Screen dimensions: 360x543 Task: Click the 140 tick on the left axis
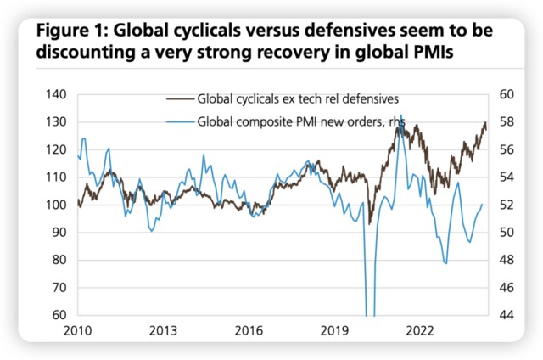click(x=55, y=95)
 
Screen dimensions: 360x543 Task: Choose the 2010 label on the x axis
click(x=78, y=331)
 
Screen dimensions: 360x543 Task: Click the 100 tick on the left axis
click(x=55, y=205)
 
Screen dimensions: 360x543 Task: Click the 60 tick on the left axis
click(x=58, y=315)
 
